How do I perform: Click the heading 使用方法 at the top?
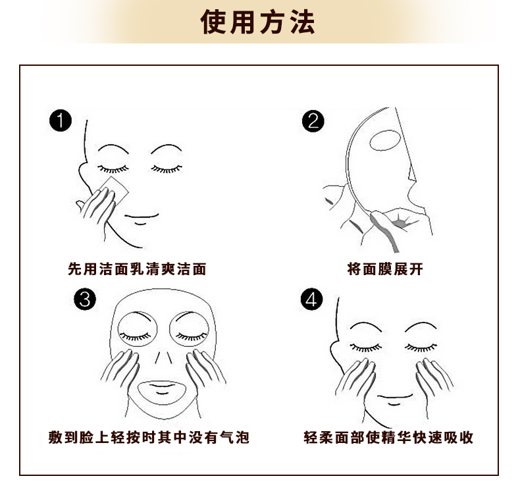pos(257,22)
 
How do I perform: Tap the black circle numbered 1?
pos(61,120)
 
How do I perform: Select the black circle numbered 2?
pos(313,121)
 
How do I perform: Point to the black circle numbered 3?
pos(85,299)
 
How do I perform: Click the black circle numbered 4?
pos(311,299)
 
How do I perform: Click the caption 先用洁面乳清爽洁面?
pos(138,269)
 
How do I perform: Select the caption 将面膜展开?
pos(385,269)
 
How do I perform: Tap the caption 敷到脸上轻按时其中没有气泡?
pos(149,437)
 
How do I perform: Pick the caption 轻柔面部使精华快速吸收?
pos(388,437)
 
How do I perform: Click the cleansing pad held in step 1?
pos(115,190)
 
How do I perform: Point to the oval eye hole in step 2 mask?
pos(385,141)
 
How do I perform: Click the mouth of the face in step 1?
pos(142,219)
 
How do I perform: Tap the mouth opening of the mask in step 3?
pos(162,392)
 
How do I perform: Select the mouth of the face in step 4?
pos(395,400)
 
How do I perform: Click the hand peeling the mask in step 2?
pos(384,229)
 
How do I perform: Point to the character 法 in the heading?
pos(302,22)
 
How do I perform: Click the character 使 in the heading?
pos(213,22)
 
